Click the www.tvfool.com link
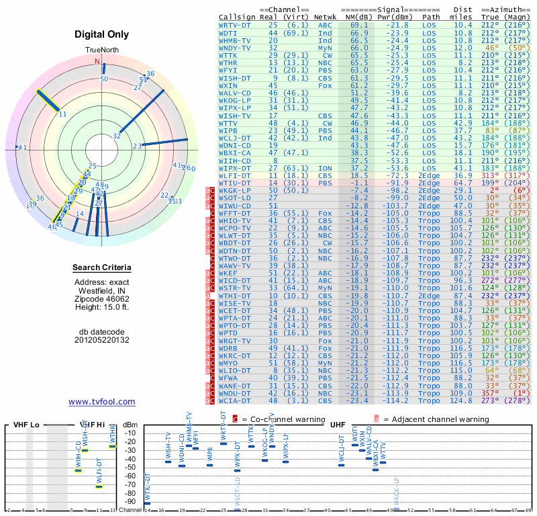click(x=101, y=402)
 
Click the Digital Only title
click(x=101, y=34)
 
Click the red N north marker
click(x=97, y=62)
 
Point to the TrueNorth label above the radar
click(x=101, y=50)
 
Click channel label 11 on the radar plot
click(x=62, y=114)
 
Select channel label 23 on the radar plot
click(x=136, y=146)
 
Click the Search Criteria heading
click(x=101, y=268)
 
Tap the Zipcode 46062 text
click(x=101, y=298)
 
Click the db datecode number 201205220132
click(x=101, y=340)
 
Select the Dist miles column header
click(x=463, y=13)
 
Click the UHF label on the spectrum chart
click(x=337, y=425)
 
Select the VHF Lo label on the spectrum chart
click(x=26, y=425)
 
